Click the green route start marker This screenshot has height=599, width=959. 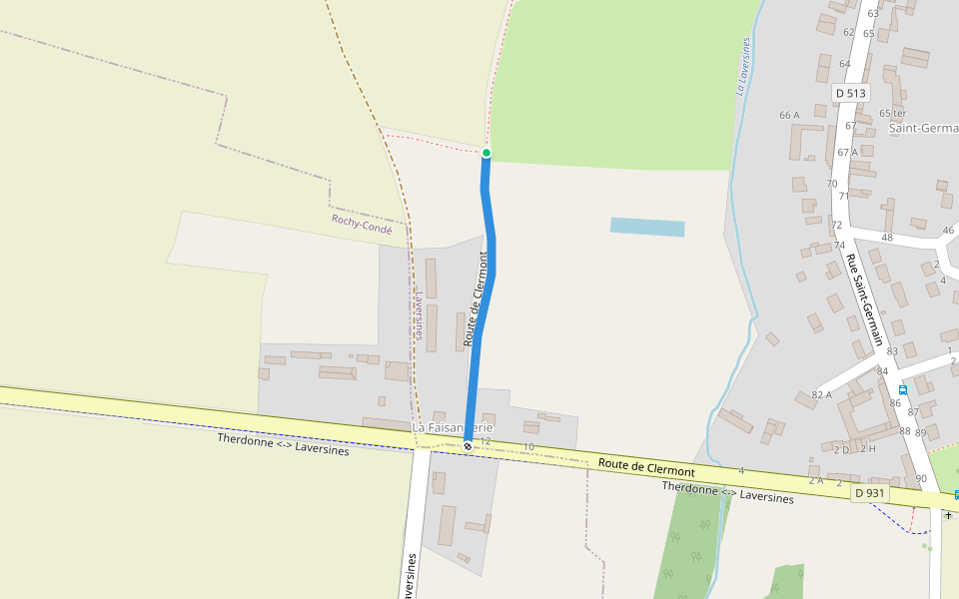tap(486, 153)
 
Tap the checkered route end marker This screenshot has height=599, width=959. tap(468, 446)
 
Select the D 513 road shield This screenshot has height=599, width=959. tap(850, 93)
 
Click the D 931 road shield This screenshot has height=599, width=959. tap(870, 493)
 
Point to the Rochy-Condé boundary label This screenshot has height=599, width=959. tap(362, 224)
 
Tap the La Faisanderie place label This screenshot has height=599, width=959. tap(453, 427)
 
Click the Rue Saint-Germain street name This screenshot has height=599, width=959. tap(866, 299)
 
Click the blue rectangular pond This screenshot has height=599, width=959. tap(647, 228)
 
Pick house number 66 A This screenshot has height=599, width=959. tap(789, 115)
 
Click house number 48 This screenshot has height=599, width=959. tap(887, 238)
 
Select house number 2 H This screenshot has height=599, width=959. tap(868, 448)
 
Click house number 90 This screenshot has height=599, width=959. tap(920, 479)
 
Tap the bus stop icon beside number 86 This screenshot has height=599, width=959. tap(903, 389)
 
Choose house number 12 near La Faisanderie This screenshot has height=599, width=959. tap(486, 440)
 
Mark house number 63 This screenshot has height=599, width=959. tap(873, 13)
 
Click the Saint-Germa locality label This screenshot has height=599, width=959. tap(923, 129)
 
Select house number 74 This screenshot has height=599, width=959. tap(839, 246)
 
